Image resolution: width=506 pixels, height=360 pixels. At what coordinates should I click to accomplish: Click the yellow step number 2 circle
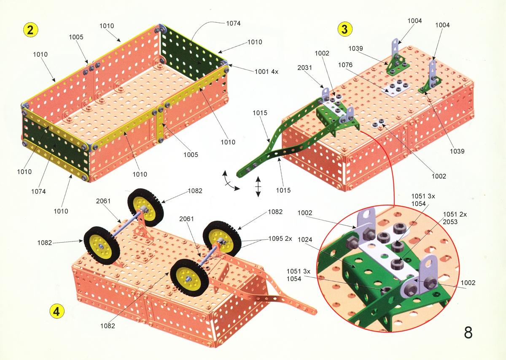coord(30,30)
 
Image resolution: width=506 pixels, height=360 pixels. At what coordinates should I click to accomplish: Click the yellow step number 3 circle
coord(345,29)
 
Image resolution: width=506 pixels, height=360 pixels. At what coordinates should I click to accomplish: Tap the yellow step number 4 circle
coord(57,311)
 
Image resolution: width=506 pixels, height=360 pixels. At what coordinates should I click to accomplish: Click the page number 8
coord(468,333)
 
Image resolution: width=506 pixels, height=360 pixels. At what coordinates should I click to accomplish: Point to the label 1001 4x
coord(266,72)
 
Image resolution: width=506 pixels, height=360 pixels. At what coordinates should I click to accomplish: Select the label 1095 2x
coord(280,238)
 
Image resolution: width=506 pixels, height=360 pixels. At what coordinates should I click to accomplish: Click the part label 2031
coord(304,68)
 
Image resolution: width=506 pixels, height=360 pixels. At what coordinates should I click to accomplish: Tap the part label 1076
coord(345,65)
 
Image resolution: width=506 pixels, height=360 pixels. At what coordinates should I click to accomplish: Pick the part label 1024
coord(305,239)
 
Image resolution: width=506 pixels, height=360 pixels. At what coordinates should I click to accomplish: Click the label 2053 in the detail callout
coord(450,222)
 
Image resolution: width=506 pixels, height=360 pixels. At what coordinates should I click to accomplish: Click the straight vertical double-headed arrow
coord(258,187)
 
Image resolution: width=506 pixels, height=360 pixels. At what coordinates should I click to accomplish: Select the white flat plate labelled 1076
coord(396,89)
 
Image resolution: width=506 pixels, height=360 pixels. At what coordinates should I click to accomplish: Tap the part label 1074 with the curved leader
coord(233,23)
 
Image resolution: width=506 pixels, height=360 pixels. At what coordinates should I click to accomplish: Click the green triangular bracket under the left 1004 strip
coord(397,65)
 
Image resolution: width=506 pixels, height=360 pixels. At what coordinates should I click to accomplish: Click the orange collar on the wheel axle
coord(218,245)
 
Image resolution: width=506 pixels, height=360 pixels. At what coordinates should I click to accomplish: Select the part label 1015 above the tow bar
coord(260,113)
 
